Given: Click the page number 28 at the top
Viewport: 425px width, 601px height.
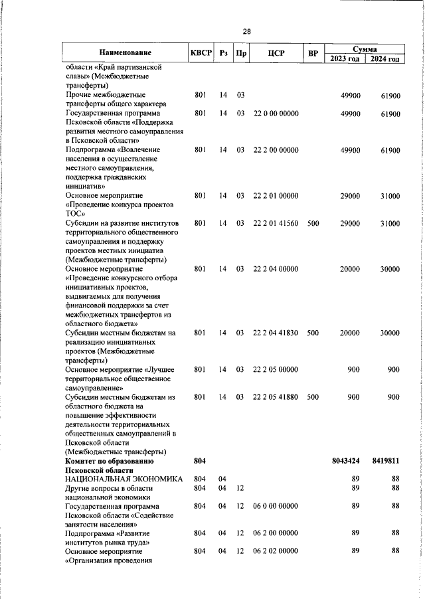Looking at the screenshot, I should pyautogui.click(x=246, y=31).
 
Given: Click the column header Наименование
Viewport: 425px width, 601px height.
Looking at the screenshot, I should pyautogui.click(x=126, y=52).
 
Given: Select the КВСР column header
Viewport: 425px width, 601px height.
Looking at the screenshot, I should pyautogui.click(x=200, y=52).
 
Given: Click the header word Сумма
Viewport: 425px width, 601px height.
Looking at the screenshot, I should pyautogui.click(x=365, y=48).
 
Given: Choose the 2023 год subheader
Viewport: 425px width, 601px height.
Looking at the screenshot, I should pyautogui.click(x=345, y=58).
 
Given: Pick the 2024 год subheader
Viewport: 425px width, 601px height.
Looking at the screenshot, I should pyautogui.click(x=385, y=58).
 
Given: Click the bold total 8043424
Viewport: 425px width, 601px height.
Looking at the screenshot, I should pyautogui.click(x=345, y=460).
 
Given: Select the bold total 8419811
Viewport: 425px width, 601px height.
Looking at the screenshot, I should pyautogui.click(x=385, y=460).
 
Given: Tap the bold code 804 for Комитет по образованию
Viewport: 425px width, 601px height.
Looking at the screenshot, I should pyautogui.click(x=200, y=460).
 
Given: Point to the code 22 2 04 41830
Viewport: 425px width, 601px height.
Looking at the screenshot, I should pyautogui.click(x=276, y=332).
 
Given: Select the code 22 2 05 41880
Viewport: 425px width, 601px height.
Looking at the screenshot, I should pyautogui.click(x=276, y=396).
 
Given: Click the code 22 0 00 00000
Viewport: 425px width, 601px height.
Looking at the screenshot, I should pyautogui.click(x=276, y=114).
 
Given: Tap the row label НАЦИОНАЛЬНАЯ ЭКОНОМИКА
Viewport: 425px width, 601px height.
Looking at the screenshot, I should pyautogui.click(x=123, y=479).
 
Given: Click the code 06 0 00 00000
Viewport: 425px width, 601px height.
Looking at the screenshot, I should pyautogui.click(x=276, y=506).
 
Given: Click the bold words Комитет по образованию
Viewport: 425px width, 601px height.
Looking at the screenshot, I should pyautogui.click(x=110, y=460).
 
